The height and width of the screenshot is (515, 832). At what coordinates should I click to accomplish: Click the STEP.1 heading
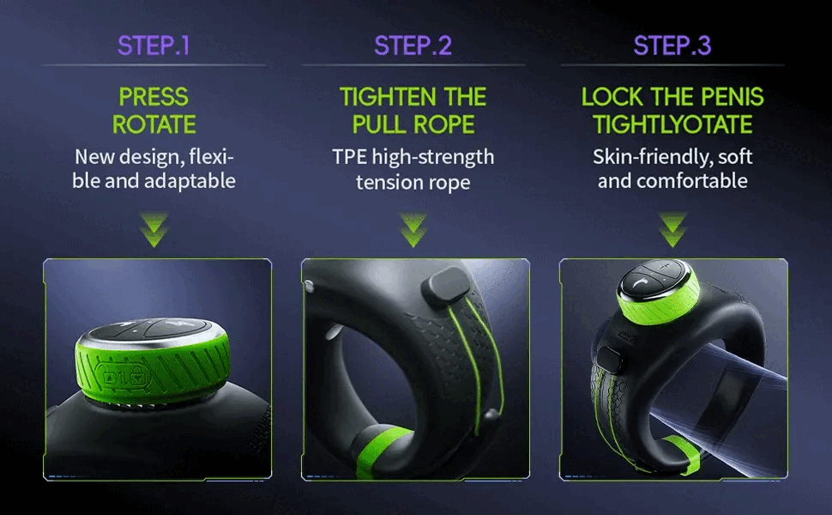click(x=154, y=45)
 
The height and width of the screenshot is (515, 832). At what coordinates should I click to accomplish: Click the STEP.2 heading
click(x=413, y=45)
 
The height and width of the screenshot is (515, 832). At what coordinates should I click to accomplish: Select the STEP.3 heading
click(x=672, y=45)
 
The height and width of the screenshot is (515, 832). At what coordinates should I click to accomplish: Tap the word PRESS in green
click(x=154, y=97)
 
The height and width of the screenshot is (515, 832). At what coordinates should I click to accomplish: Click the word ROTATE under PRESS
click(x=154, y=124)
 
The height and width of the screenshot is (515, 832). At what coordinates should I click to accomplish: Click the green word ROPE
click(x=444, y=124)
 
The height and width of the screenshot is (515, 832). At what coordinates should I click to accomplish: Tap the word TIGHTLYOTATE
click(x=672, y=124)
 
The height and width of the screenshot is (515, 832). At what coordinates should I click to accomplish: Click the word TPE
click(x=350, y=157)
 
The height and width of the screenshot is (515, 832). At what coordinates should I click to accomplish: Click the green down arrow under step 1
click(x=154, y=229)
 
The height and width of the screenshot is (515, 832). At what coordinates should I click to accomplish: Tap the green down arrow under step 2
click(x=413, y=229)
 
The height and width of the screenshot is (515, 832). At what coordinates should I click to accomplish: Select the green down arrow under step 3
click(x=672, y=229)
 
